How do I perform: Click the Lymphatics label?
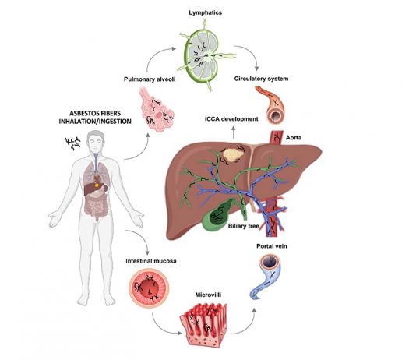pyautogui.click(x=205, y=12)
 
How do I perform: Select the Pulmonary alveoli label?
pyautogui.click(x=150, y=79)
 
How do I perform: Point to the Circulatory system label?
pyautogui.click(x=261, y=79)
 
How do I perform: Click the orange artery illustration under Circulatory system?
pyautogui.click(x=271, y=104)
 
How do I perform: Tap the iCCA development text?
pyautogui.click(x=231, y=119)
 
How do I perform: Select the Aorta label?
pyautogui.click(x=294, y=138)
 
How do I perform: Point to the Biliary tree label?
pyautogui.click(x=243, y=226)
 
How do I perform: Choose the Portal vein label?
pyautogui.click(x=272, y=246)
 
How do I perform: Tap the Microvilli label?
pyautogui.click(x=208, y=295)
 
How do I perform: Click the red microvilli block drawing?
pyautogui.click(x=204, y=324)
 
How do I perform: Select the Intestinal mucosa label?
pyautogui.click(x=151, y=261)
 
